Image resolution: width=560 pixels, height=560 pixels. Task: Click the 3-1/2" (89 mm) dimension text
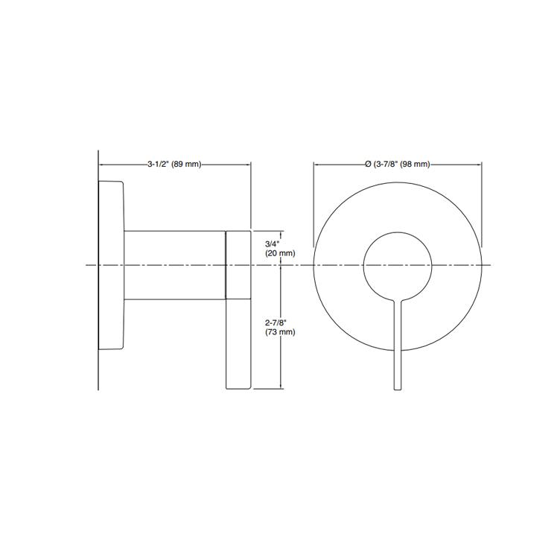click(174, 164)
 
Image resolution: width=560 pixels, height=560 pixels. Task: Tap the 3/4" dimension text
click(273, 244)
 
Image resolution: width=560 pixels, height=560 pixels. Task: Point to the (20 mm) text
click(280, 253)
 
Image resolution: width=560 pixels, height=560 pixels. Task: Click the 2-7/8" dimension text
click(276, 322)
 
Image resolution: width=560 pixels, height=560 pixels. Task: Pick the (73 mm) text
click(280, 332)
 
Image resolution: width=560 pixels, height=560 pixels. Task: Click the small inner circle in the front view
click(397, 265)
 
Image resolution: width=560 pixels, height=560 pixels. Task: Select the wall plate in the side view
click(111, 265)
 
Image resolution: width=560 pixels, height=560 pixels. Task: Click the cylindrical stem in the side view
click(174, 265)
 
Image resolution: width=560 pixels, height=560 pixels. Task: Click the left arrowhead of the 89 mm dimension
click(102, 164)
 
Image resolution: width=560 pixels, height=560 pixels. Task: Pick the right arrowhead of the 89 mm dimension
click(248, 164)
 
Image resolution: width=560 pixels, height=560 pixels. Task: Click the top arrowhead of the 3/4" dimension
click(281, 232)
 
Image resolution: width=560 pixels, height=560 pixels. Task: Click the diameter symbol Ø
click(368, 164)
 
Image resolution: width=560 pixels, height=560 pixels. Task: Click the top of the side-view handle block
click(240, 232)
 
